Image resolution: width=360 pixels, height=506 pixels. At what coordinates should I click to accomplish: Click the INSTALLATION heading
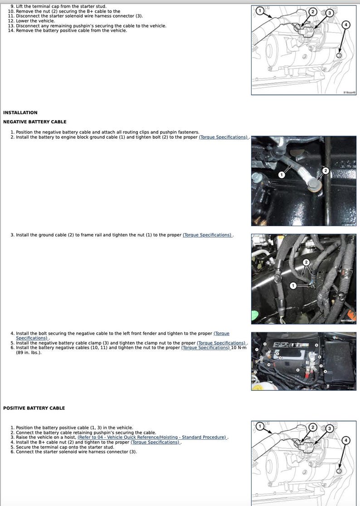tap(20, 112)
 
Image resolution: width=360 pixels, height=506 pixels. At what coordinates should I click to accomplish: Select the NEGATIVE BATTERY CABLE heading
tap(34, 122)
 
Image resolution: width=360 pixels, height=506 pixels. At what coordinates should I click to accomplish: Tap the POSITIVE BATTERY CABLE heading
tap(34, 408)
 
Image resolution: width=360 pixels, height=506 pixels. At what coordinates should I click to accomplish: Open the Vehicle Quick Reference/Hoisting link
tap(152, 437)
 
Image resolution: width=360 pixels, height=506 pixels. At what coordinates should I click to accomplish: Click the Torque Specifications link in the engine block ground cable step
tap(224, 137)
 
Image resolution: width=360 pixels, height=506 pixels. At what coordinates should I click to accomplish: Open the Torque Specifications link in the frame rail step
tap(208, 235)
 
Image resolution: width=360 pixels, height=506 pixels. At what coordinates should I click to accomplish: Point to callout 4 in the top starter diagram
tap(346, 24)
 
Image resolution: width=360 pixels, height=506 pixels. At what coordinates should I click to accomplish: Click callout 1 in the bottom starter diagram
tap(259, 426)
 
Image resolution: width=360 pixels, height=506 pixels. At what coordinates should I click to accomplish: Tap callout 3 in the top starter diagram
tap(330, 14)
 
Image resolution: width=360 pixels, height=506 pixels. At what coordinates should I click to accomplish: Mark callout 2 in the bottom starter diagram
tap(312, 427)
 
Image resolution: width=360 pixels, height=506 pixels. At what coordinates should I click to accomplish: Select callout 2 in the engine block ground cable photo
tap(325, 171)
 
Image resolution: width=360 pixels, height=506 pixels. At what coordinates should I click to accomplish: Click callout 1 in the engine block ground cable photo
tap(281, 175)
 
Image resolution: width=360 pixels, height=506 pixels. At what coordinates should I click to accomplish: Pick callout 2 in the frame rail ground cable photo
tap(306, 262)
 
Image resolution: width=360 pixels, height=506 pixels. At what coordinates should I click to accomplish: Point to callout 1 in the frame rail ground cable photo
tap(293, 285)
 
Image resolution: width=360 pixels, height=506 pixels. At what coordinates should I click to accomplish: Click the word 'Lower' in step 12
tap(23, 21)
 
